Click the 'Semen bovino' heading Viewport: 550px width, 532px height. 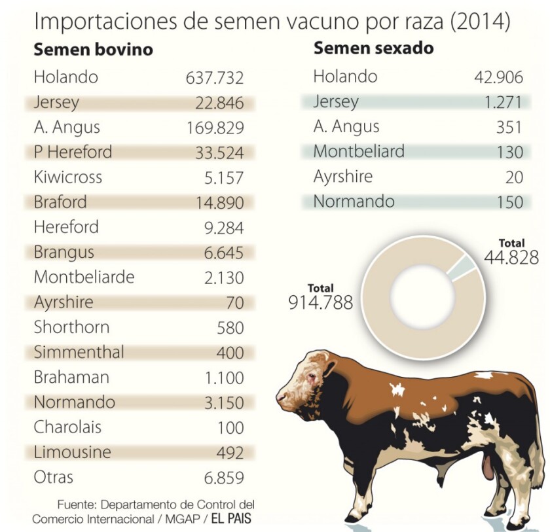pos(93,50)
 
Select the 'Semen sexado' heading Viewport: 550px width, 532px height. pos(373,48)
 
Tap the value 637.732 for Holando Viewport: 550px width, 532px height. pos(215,78)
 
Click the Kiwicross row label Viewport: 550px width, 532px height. pos(68,177)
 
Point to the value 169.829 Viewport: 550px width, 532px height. pos(215,128)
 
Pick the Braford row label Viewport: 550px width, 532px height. pos(60,202)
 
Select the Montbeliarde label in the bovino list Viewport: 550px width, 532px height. pos(84,277)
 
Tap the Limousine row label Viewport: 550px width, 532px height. pos(73,452)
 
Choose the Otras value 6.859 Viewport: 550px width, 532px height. pos(224,478)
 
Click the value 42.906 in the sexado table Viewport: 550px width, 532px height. pos(498,77)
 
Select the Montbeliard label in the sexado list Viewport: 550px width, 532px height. pos(359,152)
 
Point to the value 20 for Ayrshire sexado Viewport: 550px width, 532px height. pos(514,177)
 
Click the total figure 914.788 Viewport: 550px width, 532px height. pos(321,302)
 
